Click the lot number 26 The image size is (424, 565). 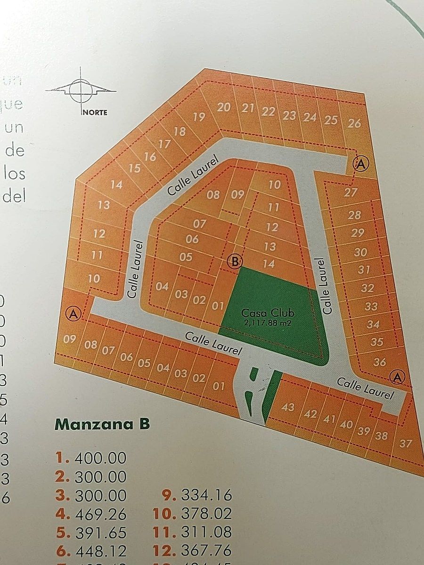click(354, 123)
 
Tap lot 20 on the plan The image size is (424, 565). click(224, 107)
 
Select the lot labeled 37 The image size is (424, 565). click(405, 443)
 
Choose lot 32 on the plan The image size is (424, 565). click(367, 288)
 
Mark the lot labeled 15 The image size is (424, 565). click(134, 168)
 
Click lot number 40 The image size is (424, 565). click(346, 424)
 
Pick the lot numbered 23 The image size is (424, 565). click(289, 115)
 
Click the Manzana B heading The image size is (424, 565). click(102, 424)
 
